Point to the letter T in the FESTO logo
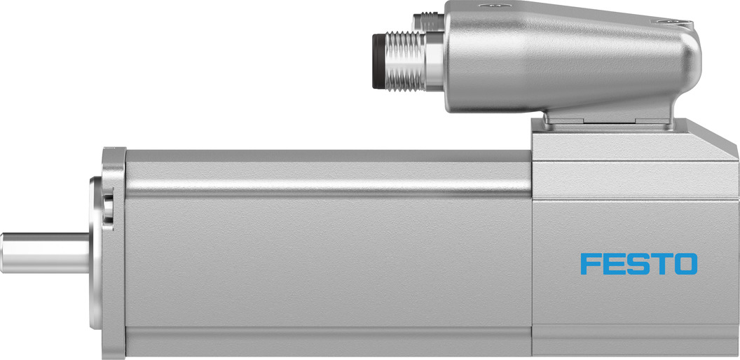(661, 264)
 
